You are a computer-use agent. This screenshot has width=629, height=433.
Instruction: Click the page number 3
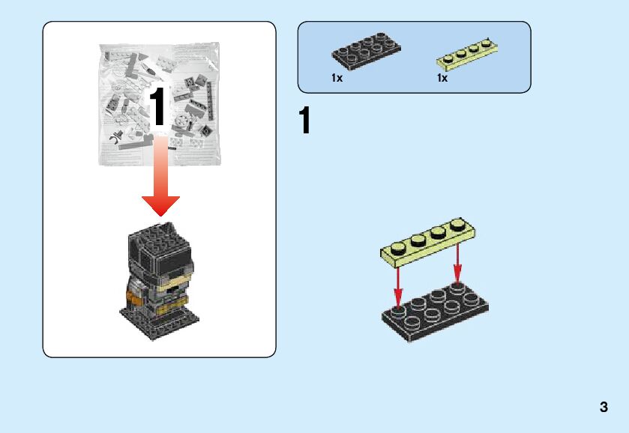tap(604, 408)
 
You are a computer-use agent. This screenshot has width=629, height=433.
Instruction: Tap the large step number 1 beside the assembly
tap(304, 121)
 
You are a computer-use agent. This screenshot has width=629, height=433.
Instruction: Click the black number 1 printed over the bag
tap(157, 106)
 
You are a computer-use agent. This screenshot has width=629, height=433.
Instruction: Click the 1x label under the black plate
tap(337, 78)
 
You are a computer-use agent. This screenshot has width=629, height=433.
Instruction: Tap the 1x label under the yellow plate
tap(442, 78)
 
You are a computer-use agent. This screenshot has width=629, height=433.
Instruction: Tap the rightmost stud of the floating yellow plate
tap(457, 224)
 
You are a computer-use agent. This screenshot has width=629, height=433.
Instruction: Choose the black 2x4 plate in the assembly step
tap(435, 310)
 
